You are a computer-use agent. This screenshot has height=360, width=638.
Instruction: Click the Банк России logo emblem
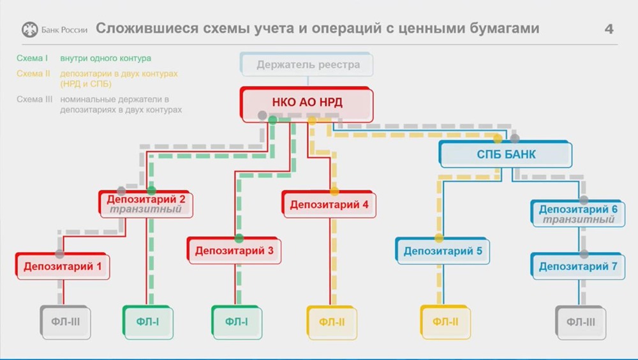click(x=30, y=29)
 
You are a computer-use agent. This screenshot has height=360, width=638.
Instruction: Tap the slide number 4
click(x=609, y=29)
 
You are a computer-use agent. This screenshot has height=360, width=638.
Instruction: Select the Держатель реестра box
click(x=308, y=64)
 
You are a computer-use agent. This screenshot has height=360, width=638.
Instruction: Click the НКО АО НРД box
click(x=307, y=102)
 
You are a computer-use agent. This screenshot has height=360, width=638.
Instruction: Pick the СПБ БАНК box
click(x=506, y=154)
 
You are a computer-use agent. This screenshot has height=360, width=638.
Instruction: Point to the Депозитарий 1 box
click(x=63, y=266)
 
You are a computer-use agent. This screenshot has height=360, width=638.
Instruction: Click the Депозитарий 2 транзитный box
click(x=146, y=204)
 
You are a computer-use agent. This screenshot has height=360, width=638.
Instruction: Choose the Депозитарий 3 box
click(x=234, y=251)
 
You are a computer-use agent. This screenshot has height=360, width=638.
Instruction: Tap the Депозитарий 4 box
click(x=329, y=205)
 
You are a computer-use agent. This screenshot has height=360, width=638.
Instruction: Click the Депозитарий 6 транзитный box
click(x=578, y=214)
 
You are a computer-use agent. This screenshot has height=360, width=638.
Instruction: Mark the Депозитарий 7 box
click(x=578, y=266)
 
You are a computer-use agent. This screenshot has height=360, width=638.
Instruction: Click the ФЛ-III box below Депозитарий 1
click(x=66, y=322)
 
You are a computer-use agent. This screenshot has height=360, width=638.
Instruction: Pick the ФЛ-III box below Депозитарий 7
click(x=581, y=322)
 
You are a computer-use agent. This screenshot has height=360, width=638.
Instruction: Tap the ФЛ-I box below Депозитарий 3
click(x=237, y=322)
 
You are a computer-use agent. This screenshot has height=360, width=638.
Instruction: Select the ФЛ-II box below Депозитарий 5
click(x=445, y=322)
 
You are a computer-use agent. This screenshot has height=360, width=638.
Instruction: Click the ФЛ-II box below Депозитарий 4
click(x=332, y=322)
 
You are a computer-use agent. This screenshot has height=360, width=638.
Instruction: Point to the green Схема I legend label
click(x=33, y=59)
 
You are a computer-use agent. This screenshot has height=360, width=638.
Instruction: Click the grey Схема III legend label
click(x=34, y=100)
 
